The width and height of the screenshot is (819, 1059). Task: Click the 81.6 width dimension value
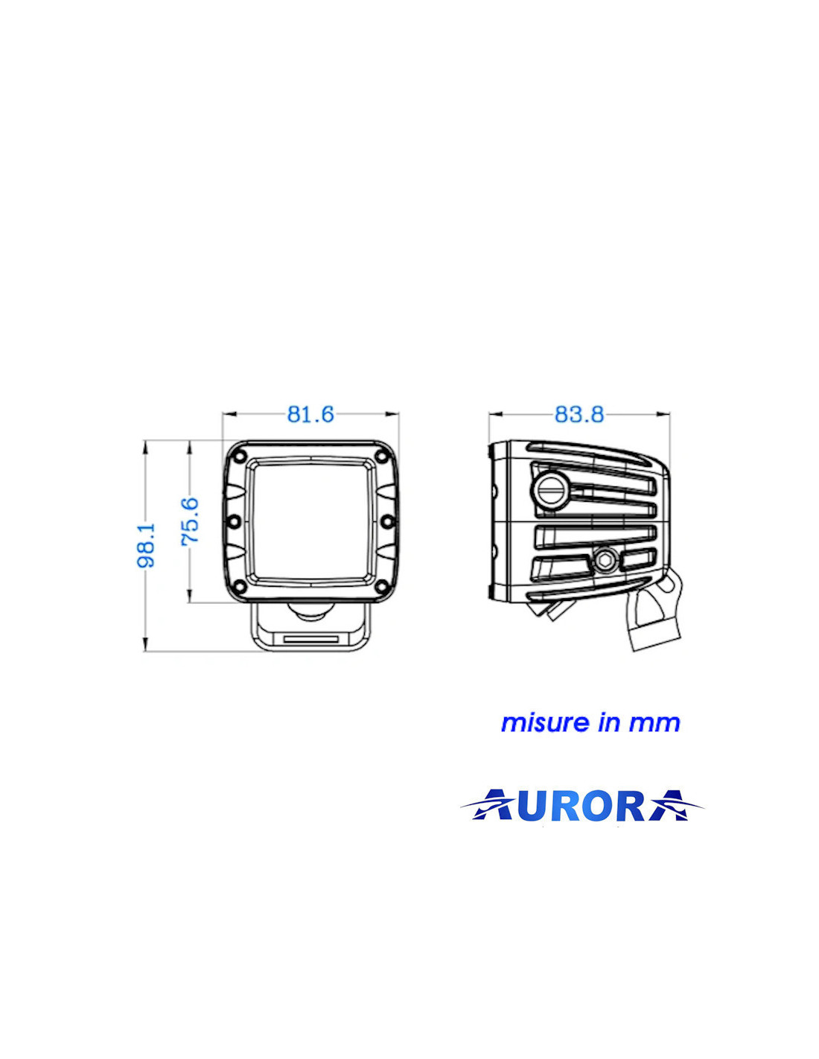(x=310, y=414)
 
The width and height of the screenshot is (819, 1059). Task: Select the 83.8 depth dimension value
(x=579, y=414)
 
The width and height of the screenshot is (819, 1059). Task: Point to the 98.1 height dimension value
(x=146, y=545)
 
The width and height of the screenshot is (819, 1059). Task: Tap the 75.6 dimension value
(x=191, y=521)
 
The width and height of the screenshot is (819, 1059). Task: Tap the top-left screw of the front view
(x=239, y=457)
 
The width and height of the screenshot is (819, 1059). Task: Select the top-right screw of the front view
(x=383, y=457)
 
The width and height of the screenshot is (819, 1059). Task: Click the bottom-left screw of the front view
(x=239, y=585)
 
